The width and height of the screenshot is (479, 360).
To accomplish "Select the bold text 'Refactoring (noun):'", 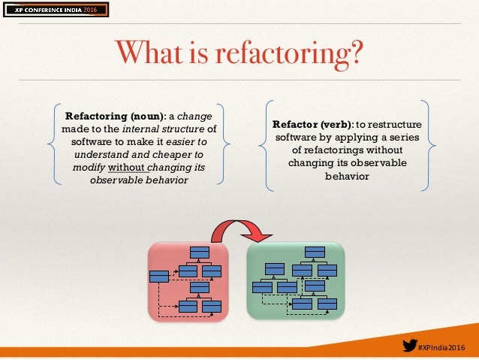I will click(116, 116).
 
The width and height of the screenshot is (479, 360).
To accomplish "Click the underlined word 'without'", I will click(128, 166).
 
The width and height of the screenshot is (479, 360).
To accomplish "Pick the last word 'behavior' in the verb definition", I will click(348, 176).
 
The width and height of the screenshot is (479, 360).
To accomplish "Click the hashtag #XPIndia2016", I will click(443, 346).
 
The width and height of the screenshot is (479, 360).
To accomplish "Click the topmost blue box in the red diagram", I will click(199, 252).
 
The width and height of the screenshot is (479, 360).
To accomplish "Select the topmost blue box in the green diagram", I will click(315, 252).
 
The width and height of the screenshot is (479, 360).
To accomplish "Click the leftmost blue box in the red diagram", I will click(159, 276).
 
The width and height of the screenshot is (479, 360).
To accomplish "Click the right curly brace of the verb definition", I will click(432, 142).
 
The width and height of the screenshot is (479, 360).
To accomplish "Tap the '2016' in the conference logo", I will click(89, 9).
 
